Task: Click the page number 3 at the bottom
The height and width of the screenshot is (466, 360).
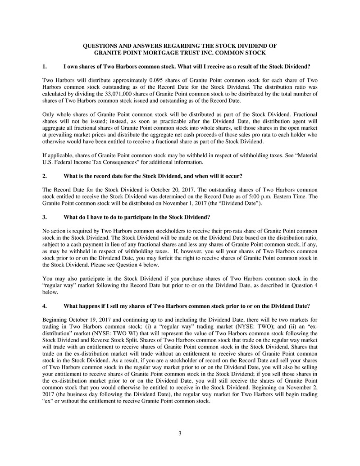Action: [x=180, y=434]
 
